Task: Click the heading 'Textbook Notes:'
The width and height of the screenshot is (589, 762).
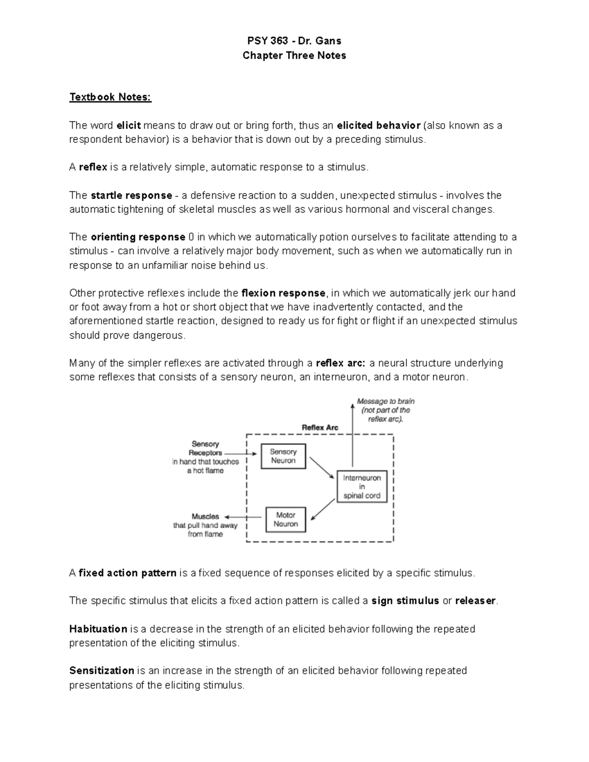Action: pos(110,97)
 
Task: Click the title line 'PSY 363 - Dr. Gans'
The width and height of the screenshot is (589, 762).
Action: pos(294,41)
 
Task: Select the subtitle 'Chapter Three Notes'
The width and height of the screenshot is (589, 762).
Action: pos(294,55)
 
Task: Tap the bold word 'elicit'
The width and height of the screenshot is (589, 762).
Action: pos(129,126)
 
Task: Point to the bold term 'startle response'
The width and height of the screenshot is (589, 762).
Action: pos(132,195)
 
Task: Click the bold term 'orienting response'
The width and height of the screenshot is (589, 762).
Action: pos(138,237)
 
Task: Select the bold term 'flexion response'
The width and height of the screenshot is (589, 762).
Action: pos(283,293)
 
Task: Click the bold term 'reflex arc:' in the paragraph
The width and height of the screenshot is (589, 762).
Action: pos(341,364)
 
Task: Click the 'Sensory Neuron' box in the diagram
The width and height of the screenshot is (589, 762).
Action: pos(283,456)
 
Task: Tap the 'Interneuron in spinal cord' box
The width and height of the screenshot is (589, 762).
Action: pos(362,487)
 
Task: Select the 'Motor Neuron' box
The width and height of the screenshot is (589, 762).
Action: pos(286,520)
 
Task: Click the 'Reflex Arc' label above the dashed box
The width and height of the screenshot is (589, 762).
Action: pos(320,428)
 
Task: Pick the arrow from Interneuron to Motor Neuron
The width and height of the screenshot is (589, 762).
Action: pos(323,509)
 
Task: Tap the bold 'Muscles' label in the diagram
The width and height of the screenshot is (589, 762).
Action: pos(205,517)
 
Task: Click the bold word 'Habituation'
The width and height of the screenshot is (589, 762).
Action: pos(98,629)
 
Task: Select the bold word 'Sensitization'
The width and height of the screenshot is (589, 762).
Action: pos(102,671)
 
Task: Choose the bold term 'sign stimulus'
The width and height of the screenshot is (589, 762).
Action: pos(405,601)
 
